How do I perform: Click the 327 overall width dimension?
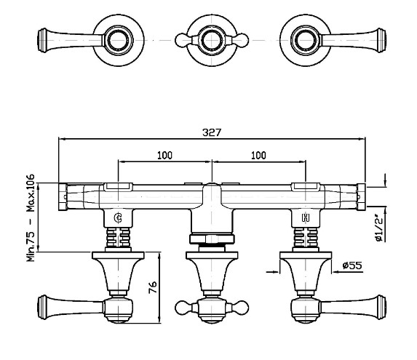pyautogui.click(x=212, y=132)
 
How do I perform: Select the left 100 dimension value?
pyautogui.click(x=164, y=155)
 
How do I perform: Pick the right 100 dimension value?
pyautogui.click(x=258, y=155)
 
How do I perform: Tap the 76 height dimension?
pyautogui.click(x=153, y=287)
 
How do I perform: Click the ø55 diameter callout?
pyautogui.click(x=352, y=265)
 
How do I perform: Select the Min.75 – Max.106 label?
pyautogui.click(x=31, y=217)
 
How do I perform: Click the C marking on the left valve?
pyautogui.click(x=118, y=218)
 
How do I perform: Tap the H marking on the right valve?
pyautogui.click(x=306, y=218)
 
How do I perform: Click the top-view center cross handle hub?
pyautogui.click(x=212, y=41)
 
